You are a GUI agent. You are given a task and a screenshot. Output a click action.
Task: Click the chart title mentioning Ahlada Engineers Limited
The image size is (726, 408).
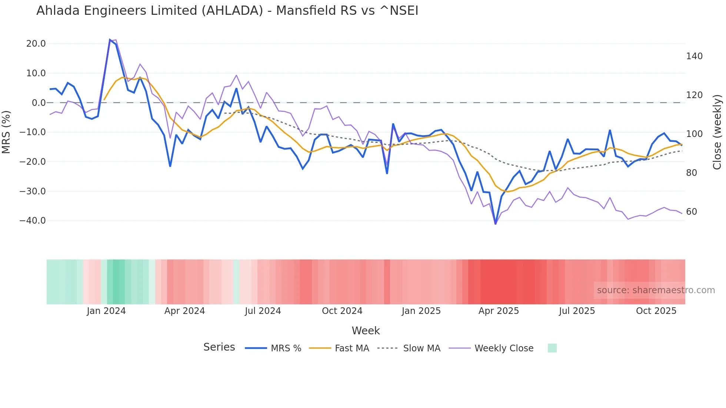(227, 11)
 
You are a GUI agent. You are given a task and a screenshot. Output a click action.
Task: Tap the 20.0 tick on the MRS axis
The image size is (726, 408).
(36, 44)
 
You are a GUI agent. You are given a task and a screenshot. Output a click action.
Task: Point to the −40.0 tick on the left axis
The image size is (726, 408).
(33, 221)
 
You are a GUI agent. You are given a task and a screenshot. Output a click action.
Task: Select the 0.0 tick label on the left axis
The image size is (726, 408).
(39, 103)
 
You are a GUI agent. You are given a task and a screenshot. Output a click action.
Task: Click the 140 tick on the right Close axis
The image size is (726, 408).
(694, 56)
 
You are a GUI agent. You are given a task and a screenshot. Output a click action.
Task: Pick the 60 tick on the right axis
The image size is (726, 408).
(692, 212)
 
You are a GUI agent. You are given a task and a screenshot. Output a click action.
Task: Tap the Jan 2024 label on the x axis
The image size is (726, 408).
(106, 311)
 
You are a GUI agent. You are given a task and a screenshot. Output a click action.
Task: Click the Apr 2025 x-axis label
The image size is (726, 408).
(499, 311)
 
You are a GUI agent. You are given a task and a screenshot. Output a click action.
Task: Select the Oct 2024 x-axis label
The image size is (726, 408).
(342, 311)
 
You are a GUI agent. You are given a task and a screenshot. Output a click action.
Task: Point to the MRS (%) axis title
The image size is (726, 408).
(6, 132)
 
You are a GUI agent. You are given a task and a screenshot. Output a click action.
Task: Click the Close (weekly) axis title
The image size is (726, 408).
(717, 132)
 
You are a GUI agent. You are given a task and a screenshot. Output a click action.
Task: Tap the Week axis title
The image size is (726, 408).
(366, 331)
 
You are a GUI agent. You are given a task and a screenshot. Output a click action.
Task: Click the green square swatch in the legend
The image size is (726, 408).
(552, 348)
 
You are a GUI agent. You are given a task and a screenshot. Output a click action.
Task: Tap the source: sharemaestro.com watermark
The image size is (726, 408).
(656, 290)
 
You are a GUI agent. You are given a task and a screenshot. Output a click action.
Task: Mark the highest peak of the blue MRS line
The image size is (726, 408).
(110, 39)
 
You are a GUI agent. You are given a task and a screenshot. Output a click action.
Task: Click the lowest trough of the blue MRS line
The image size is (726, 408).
(496, 224)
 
